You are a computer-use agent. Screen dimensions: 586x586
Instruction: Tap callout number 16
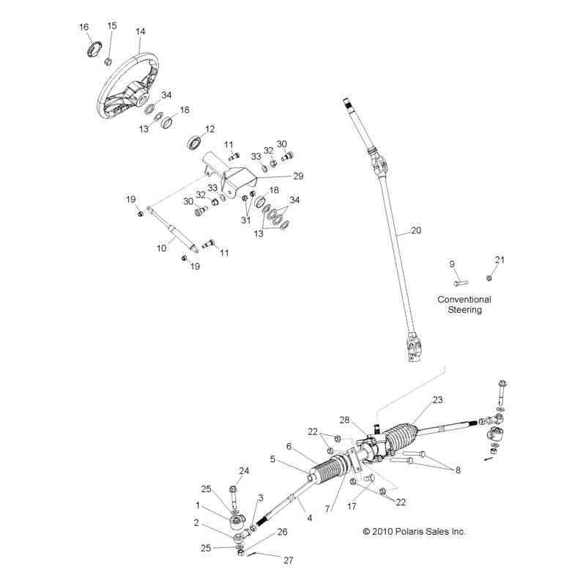pos(84,27)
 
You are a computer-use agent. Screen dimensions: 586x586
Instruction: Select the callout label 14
pos(141,31)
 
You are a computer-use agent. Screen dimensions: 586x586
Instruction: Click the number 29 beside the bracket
pos(278,176)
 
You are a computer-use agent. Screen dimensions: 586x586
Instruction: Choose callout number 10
pos(162,248)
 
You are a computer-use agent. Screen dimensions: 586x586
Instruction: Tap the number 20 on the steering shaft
pos(416,230)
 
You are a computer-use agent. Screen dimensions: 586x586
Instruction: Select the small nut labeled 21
pos(489,278)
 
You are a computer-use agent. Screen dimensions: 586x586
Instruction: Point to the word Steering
pos(464,310)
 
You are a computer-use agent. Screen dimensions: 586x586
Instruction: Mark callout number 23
pos(438,400)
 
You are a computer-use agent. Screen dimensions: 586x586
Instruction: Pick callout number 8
pos(458,470)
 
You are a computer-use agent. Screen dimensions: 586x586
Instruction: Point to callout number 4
pos(310,518)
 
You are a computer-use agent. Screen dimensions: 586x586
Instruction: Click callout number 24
pos(244,470)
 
